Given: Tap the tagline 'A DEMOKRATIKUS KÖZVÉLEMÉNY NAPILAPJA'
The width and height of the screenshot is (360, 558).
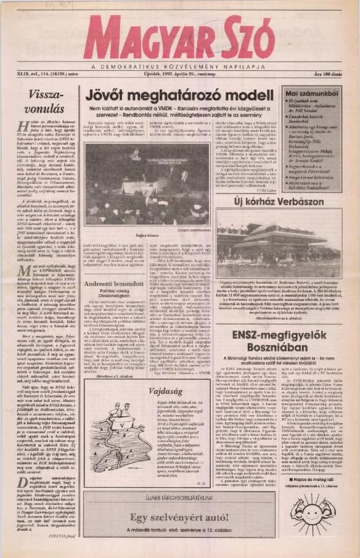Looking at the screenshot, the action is pos(179,65).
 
